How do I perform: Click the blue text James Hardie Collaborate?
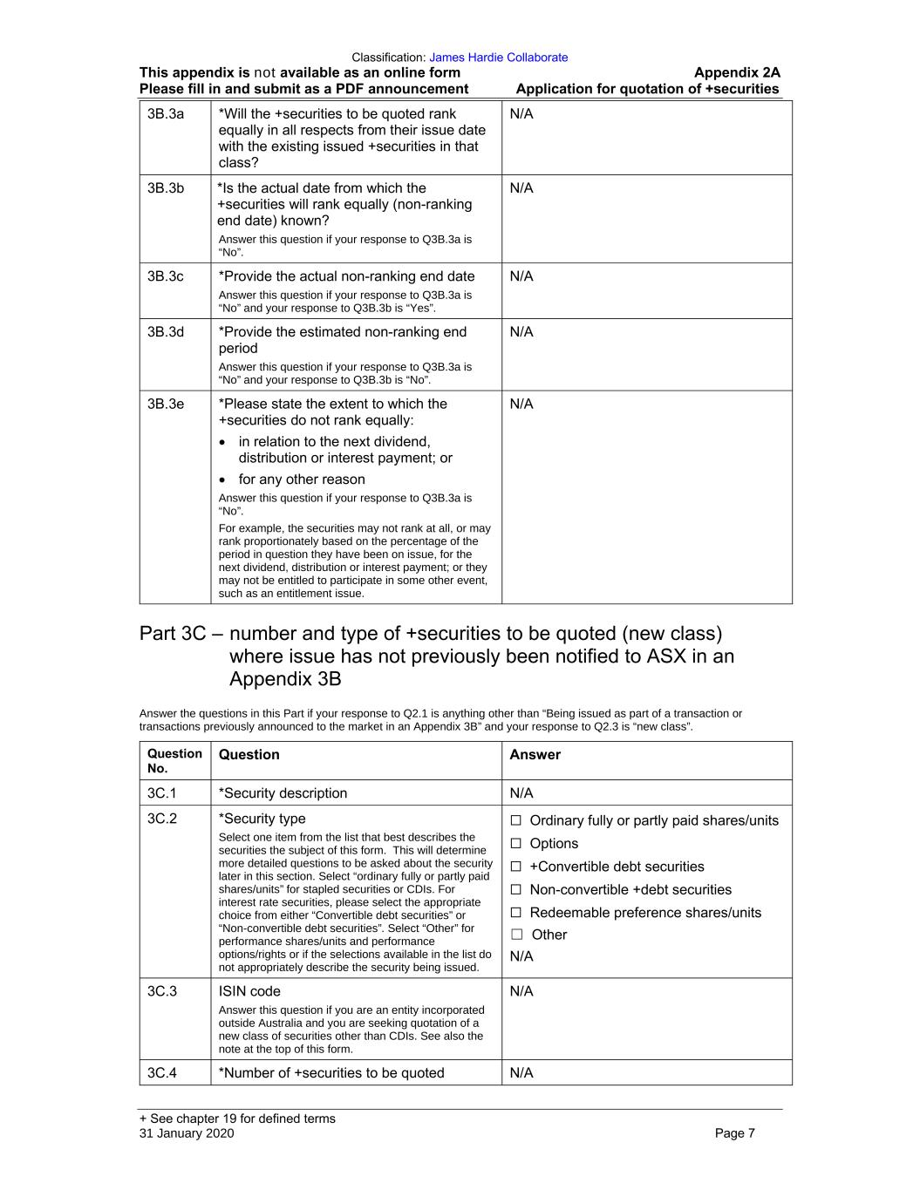click(x=498, y=58)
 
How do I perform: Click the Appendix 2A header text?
click(x=737, y=73)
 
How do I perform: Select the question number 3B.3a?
click(x=166, y=114)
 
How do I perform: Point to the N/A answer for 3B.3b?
click(x=521, y=188)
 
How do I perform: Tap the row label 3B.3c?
click(x=166, y=276)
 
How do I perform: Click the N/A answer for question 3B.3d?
click(x=521, y=332)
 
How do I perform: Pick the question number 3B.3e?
click(x=166, y=404)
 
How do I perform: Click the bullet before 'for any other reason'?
click(x=224, y=480)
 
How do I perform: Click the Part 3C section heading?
click(x=436, y=656)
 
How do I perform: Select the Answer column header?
click(x=535, y=755)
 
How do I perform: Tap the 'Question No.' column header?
click(x=174, y=761)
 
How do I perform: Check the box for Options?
click(x=516, y=844)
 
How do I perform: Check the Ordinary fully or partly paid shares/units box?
click(x=516, y=820)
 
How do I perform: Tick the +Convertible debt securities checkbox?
click(x=516, y=867)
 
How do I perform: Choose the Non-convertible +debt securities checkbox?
click(x=516, y=890)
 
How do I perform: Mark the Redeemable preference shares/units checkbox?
click(x=516, y=913)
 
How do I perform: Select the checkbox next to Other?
click(x=517, y=935)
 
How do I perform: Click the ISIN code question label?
click(x=249, y=991)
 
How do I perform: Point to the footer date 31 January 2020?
click(x=187, y=1133)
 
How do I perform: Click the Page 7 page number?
click(x=734, y=1133)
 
